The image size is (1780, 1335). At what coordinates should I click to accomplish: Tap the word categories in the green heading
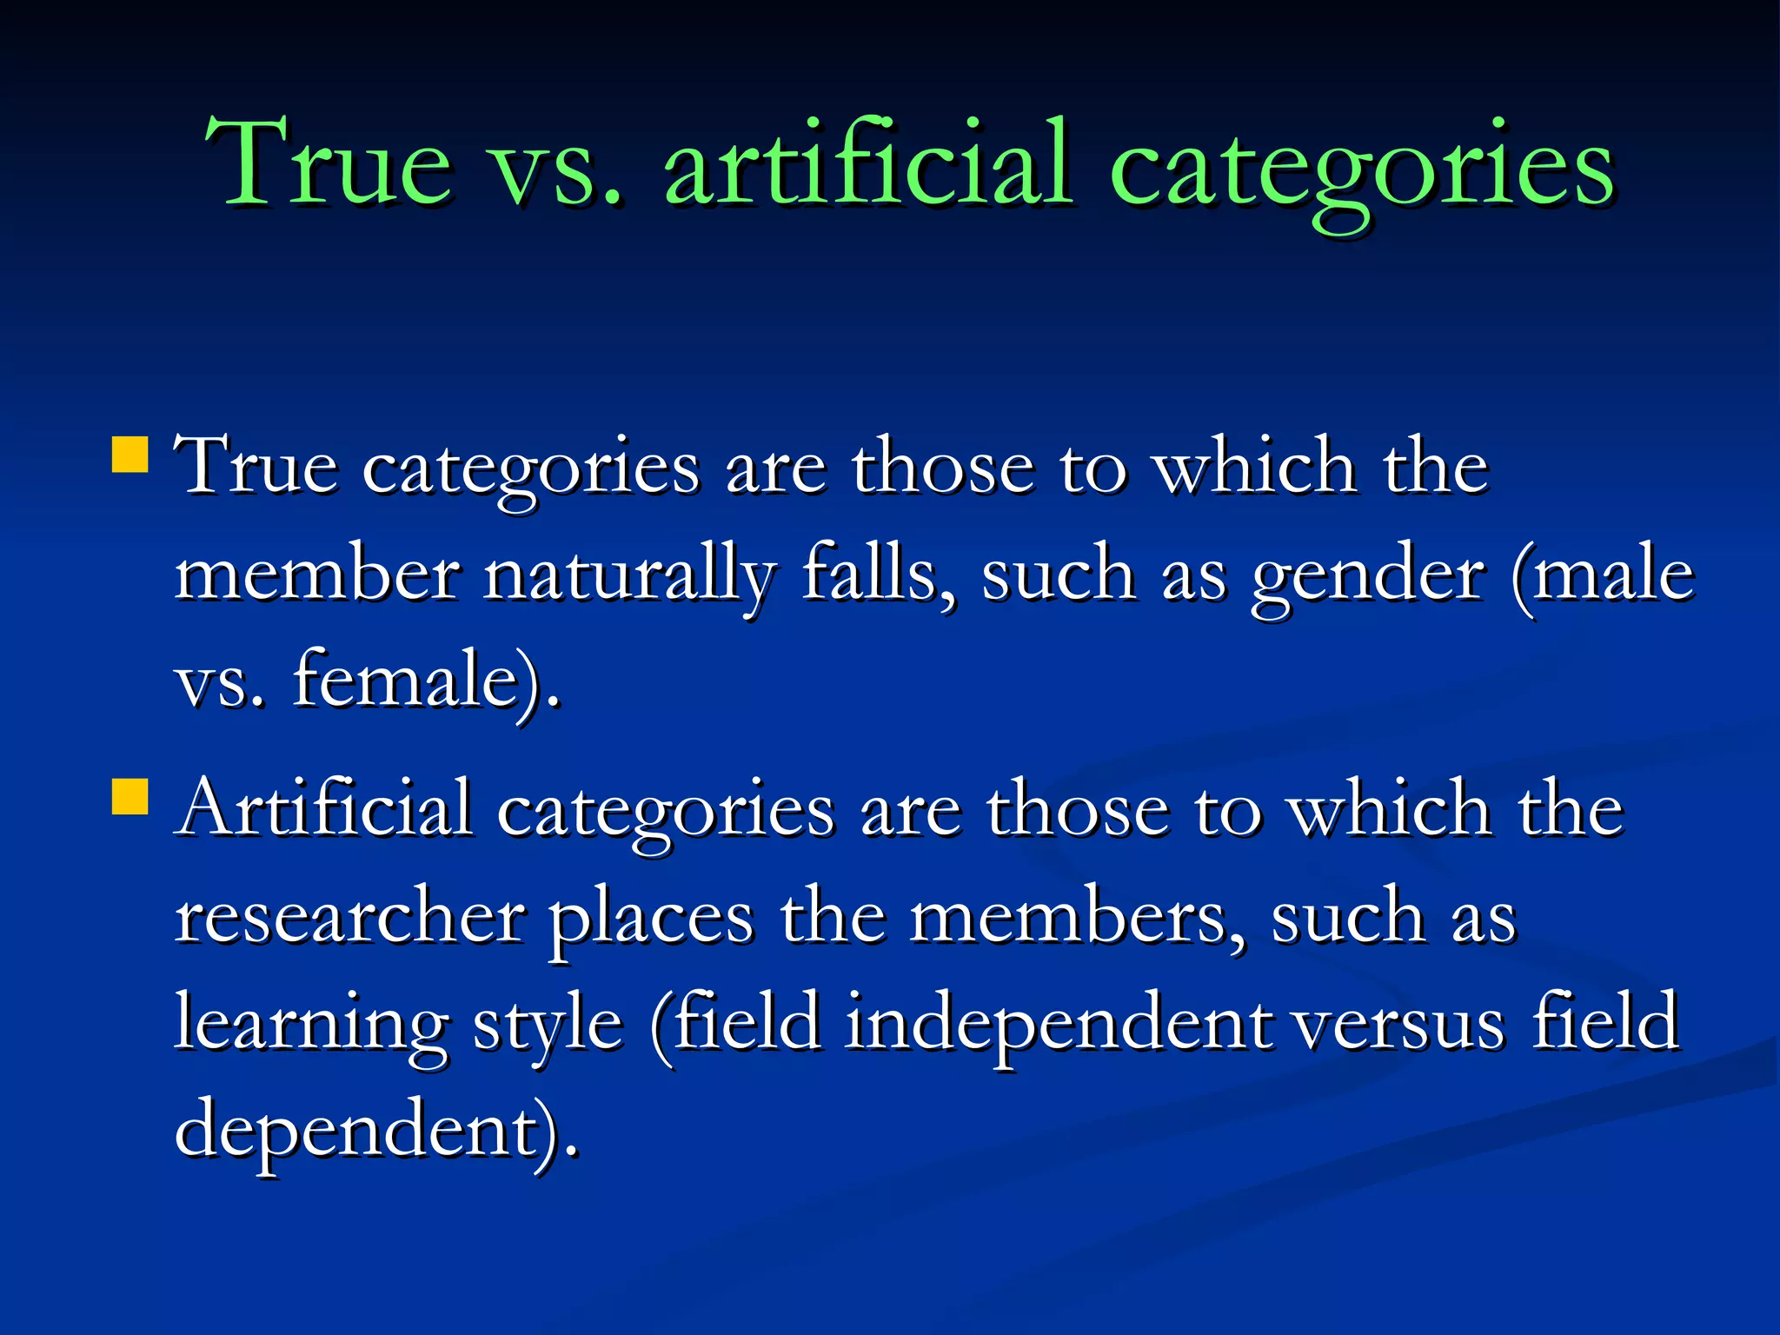pyautogui.click(x=1361, y=169)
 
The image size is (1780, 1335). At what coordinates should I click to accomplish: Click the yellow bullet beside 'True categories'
pyautogui.click(x=130, y=454)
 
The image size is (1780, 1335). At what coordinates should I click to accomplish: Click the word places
pyautogui.click(x=651, y=920)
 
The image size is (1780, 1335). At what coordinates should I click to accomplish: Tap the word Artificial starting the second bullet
pyautogui.click(x=324, y=808)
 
